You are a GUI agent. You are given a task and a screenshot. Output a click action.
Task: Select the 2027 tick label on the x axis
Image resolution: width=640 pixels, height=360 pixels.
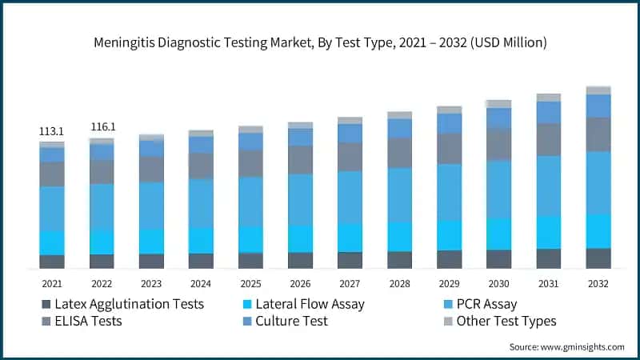click(350, 284)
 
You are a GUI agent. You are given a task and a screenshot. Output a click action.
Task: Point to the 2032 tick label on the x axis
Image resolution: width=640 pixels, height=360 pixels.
click(598, 284)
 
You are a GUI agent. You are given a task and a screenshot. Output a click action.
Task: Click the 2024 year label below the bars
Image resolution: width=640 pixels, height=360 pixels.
click(201, 284)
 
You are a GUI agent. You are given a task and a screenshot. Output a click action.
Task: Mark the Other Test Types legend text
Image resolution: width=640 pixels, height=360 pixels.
click(506, 322)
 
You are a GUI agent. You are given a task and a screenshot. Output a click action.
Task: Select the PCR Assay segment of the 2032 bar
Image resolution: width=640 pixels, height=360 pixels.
click(598, 183)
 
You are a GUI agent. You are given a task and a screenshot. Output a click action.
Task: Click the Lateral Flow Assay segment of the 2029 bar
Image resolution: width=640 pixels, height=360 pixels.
click(449, 235)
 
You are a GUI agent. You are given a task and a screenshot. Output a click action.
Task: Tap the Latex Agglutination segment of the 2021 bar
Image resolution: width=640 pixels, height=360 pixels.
click(52, 262)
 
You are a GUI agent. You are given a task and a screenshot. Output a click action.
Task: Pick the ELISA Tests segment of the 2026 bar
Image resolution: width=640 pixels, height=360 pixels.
click(300, 160)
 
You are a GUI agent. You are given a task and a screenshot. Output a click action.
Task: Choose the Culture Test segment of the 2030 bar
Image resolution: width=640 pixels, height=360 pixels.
click(498, 118)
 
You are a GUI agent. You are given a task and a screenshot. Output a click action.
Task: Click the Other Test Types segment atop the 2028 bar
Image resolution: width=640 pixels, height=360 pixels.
click(399, 115)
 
